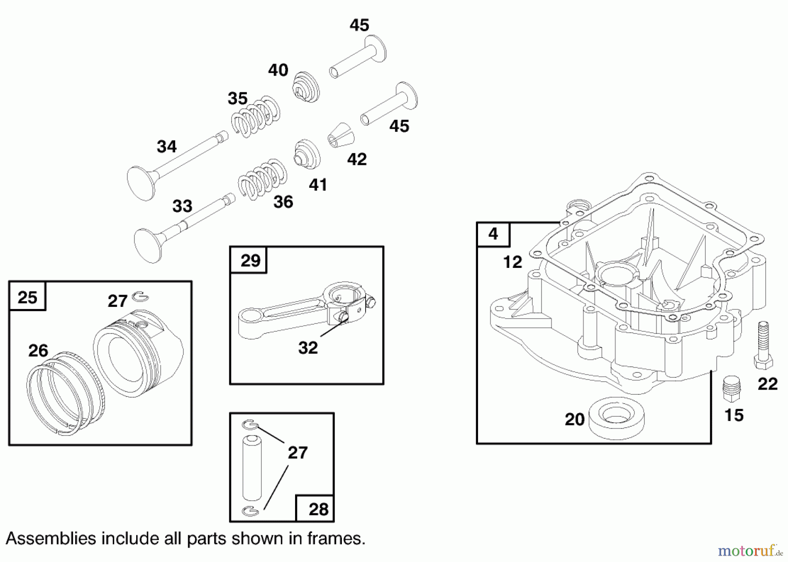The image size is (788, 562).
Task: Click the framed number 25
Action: click(x=27, y=297)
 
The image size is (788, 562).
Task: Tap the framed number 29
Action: click(x=250, y=260)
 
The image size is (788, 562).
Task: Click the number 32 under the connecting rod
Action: click(x=308, y=348)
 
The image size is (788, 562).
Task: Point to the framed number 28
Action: click(x=318, y=509)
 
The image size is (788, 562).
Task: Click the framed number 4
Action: click(x=493, y=234)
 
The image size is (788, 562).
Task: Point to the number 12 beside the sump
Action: click(x=512, y=262)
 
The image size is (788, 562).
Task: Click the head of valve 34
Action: click(x=141, y=183)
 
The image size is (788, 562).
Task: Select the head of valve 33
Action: click(x=148, y=245)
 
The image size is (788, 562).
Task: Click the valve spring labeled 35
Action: click(x=256, y=116)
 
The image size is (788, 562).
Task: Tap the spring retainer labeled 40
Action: click(x=306, y=87)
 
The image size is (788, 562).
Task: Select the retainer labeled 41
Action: click(x=306, y=155)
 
